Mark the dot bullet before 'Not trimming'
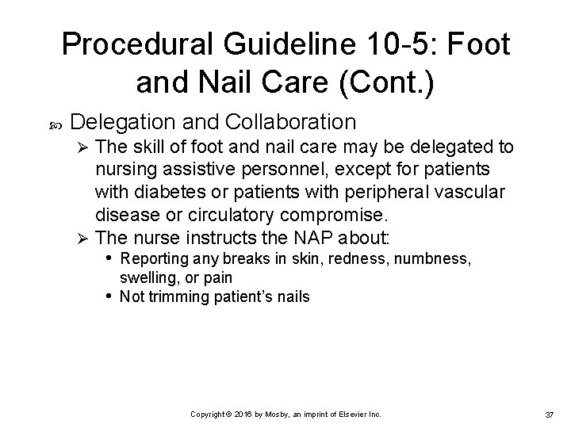(109, 296)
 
